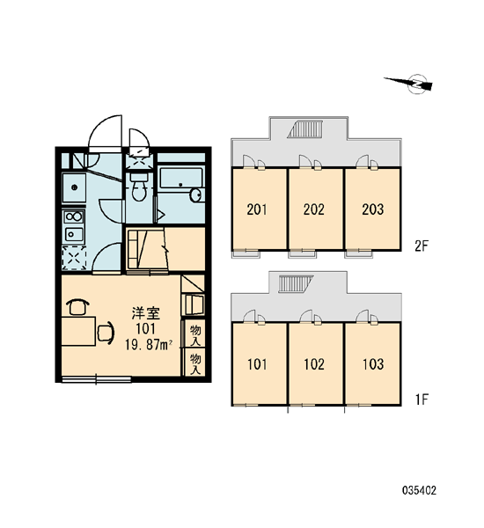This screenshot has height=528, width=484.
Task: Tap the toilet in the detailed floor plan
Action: pyautogui.click(x=138, y=187)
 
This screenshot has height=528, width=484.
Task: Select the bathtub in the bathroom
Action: pyautogui.click(x=181, y=179)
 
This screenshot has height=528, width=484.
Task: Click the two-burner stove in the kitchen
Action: pyautogui.click(x=74, y=216)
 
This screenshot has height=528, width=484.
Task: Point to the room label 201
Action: pyautogui.click(x=257, y=209)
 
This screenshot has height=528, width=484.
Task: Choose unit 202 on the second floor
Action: pyautogui.click(x=315, y=209)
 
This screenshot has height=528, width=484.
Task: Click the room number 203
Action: pyautogui.click(x=373, y=209)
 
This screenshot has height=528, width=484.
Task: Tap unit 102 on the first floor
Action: pyautogui.click(x=315, y=363)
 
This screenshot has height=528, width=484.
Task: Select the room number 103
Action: pyautogui.click(x=373, y=364)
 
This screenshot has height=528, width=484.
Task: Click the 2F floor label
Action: pyautogui.click(x=421, y=246)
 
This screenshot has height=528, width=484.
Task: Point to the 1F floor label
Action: pyautogui.click(x=421, y=400)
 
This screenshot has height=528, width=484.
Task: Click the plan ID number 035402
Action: pyautogui.click(x=420, y=490)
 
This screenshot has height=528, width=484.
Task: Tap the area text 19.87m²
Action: pyautogui.click(x=149, y=345)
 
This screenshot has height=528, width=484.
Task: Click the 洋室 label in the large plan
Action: pyautogui.click(x=146, y=313)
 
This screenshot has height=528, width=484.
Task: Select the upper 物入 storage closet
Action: pyautogui.click(x=195, y=334)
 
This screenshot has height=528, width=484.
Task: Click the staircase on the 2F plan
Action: pyautogui.click(x=306, y=129)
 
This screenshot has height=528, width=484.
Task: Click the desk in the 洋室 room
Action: pyautogui.click(x=78, y=331)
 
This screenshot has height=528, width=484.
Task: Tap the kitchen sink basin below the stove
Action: pyautogui.click(x=74, y=234)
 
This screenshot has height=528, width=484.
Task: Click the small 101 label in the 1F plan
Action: pyautogui.click(x=257, y=364)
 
